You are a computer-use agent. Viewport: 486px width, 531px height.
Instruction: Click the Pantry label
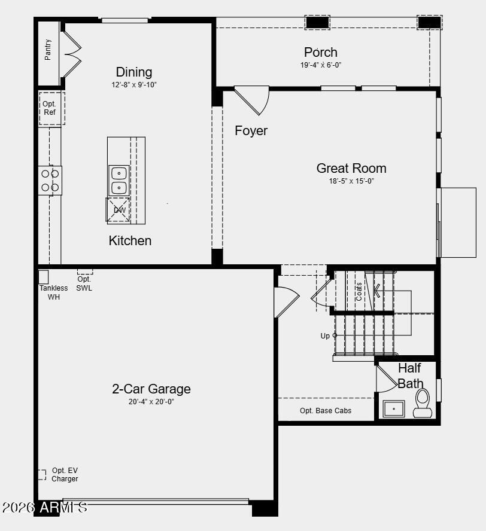coord(48,50)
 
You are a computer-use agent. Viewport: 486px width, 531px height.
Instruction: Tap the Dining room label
coord(134,72)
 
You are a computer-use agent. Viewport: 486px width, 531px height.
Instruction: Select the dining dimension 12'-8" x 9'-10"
coord(134,85)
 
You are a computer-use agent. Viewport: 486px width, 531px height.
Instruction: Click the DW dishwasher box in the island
coord(119,210)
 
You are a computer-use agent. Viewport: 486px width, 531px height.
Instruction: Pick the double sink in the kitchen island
coord(119,180)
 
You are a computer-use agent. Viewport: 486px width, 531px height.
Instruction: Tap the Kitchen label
coord(130,240)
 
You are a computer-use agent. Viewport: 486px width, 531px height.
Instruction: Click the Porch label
coord(321,52)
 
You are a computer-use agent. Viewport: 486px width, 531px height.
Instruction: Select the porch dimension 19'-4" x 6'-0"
coord(321,65)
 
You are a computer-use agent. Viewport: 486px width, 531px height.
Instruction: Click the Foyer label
coord(251,130)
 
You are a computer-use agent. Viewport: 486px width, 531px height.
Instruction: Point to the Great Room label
coord(351,168)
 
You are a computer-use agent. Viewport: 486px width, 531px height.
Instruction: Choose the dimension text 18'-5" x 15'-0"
coord(351,181)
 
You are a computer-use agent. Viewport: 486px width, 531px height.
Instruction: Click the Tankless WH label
coord(54,292)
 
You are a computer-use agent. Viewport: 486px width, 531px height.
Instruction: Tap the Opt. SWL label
coord(84,283)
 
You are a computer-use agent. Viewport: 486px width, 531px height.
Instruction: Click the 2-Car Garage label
coord(151,389)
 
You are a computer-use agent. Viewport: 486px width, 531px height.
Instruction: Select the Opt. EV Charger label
coord(65,475)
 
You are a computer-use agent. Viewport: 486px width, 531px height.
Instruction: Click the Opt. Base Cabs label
coord(326,411)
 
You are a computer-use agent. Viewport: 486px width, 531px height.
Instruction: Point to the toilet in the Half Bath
coord(423,403)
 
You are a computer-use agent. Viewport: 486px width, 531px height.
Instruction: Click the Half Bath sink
coord(393,409)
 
